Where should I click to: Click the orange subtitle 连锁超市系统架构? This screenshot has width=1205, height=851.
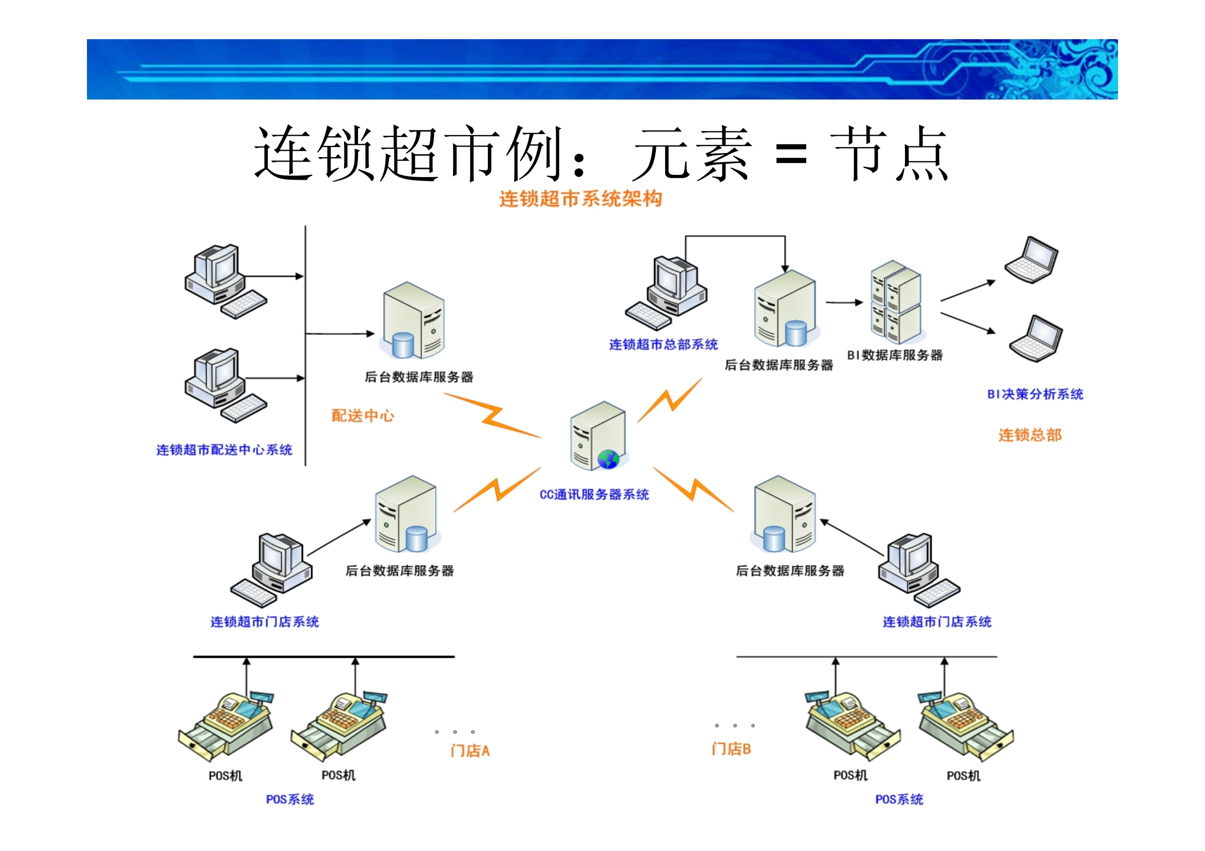point(580,199)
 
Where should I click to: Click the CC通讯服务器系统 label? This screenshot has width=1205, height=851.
point(594,494)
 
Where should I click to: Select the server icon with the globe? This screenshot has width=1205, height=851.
point(598,436)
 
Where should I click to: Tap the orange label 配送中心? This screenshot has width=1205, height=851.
point(362,415)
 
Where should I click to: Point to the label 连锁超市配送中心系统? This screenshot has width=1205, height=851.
point(224,450)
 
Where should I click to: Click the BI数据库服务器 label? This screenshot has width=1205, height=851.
point(895,355)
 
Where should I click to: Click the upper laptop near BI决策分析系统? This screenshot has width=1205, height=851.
point(1031,260)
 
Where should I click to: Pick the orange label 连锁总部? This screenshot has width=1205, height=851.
point(1029,435)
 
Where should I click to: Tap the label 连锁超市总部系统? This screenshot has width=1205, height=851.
point(663,344)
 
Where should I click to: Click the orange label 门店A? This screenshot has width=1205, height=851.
point(470,750)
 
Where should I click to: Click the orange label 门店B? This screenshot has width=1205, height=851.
point(731,749)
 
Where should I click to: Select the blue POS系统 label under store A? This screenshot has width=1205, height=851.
point(290,799)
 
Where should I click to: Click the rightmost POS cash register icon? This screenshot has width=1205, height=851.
point(966,725)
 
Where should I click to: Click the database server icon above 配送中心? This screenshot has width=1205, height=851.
point(412,321)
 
